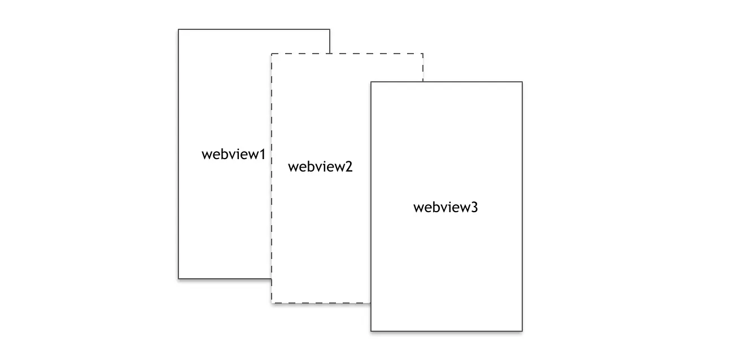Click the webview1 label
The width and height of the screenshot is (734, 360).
point(233,154)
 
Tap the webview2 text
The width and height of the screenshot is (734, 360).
point(320,167)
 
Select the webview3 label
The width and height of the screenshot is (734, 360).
point(445,207)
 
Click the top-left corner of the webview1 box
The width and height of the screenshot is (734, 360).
point(178,29)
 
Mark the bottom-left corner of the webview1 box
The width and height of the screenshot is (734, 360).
point(178,278)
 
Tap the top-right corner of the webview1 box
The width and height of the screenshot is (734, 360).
point(330,29)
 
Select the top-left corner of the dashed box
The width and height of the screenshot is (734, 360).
point(272,54)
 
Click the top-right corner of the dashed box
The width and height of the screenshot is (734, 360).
point(423,54)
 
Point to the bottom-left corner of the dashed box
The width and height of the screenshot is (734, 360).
point(272,303)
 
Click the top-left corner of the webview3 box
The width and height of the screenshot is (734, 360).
point(371,82)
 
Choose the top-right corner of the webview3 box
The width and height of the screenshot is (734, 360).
point(522,82)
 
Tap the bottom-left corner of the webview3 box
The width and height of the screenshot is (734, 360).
point(371,331)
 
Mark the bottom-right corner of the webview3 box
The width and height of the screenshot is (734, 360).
point(522,331)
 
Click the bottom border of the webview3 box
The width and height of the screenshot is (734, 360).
point(447,331)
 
